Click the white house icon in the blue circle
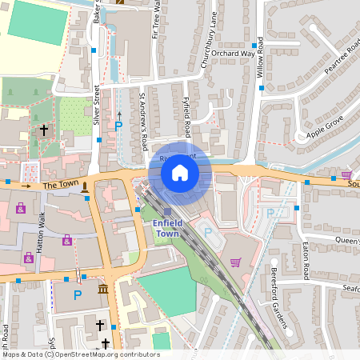coord(180,172)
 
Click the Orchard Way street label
coord(234,54)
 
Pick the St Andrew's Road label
coord(144,120)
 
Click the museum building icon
coord(102,289)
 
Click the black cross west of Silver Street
coord(44,129)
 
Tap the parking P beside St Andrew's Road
coord(118,126)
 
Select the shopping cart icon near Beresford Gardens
coord(235,262)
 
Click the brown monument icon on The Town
coord(84,186)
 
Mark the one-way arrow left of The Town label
coord(26,186)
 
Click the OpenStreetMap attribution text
coord(80,354)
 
